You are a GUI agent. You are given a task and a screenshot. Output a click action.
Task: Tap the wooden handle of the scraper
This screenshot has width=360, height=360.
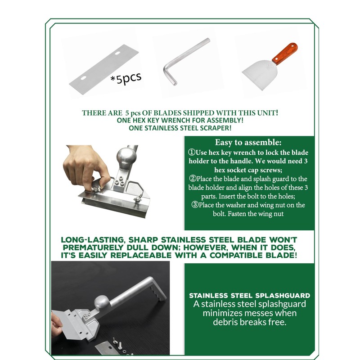point(285,54)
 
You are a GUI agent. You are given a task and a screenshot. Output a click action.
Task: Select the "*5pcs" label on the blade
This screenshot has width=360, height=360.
point(126,78)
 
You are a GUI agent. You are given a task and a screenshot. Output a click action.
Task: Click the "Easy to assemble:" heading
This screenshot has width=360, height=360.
point(248,142)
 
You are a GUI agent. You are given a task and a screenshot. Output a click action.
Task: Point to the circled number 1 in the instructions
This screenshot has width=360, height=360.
point(192,152)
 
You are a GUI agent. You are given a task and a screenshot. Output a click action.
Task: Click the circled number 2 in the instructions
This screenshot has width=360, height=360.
point(193,178)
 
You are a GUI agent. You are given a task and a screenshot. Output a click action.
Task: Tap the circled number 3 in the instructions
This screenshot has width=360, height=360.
point(195,204)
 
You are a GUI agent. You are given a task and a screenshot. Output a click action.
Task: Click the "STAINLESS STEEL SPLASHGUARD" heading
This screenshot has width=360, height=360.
point(250,296)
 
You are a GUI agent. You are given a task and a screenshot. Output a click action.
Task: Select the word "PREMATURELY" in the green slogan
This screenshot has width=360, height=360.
point(93,247)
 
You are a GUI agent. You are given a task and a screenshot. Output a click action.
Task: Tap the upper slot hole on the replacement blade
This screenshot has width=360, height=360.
point(117,53)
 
